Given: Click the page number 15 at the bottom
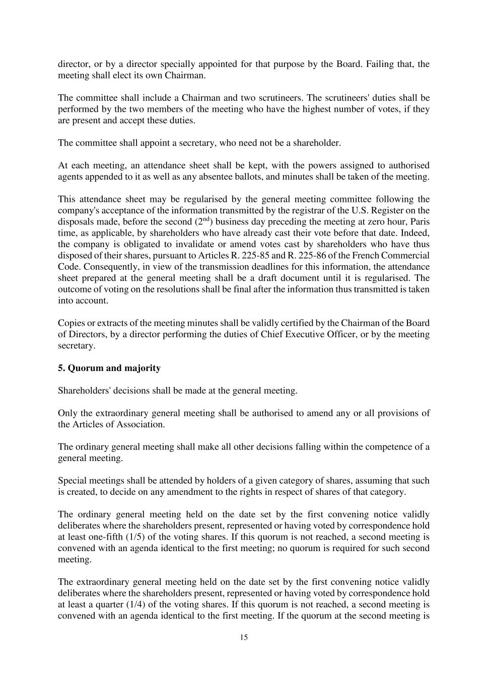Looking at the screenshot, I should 244,637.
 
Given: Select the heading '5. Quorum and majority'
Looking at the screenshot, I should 109,368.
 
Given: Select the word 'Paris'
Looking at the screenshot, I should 419,221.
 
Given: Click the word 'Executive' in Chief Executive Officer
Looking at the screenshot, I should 308,334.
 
